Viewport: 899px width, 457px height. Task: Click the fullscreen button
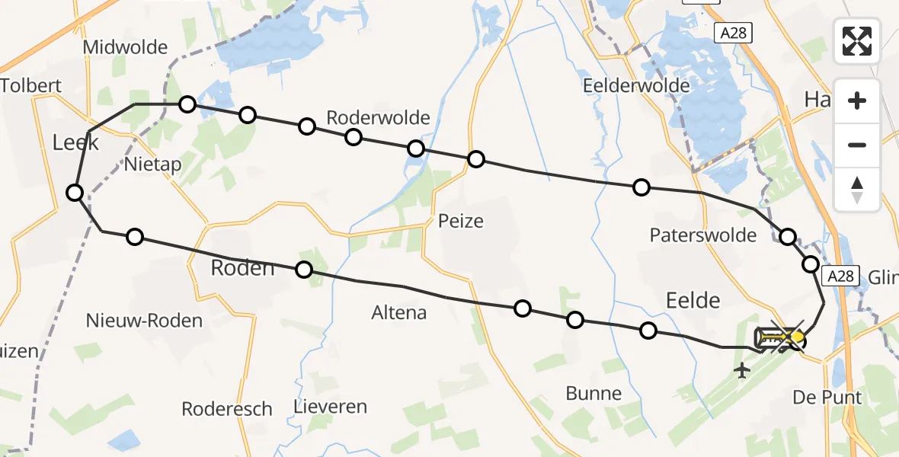coord(857,40)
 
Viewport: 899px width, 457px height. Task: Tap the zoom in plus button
coord(857,101)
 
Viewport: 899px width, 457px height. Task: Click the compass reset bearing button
coord(857,190)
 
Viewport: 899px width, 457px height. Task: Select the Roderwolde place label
coord(378,118)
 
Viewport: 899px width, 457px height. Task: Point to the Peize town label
coord(461,222)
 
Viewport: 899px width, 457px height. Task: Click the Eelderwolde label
coord(636,85)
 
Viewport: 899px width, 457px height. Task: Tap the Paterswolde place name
coord(703,235)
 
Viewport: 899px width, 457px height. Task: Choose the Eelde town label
coord(692,300)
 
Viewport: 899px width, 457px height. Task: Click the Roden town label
coord(242,268)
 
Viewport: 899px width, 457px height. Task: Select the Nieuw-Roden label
coord(145,320)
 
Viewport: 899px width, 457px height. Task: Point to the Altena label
coord(399,312)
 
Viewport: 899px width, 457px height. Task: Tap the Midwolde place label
coord(125,47)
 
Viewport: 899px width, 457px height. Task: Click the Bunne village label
coord(593,394)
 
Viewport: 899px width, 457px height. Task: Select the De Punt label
coord(827,398)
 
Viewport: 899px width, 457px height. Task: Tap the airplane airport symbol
coord(741,371)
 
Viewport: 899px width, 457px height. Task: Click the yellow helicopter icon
coord(779,337)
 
